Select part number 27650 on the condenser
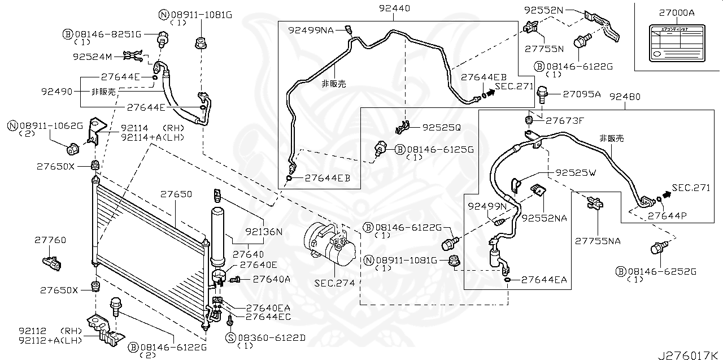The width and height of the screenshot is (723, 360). [175, 194]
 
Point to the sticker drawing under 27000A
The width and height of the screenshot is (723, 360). [677, 44]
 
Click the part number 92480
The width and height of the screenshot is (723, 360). [625, 97]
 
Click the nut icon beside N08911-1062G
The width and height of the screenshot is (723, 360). [73, 149]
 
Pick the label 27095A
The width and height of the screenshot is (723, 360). [581, 94]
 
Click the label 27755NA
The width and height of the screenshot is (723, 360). [598, 241]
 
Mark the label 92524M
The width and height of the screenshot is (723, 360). [93, 57]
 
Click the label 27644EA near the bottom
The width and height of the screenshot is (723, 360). [544, 279]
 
